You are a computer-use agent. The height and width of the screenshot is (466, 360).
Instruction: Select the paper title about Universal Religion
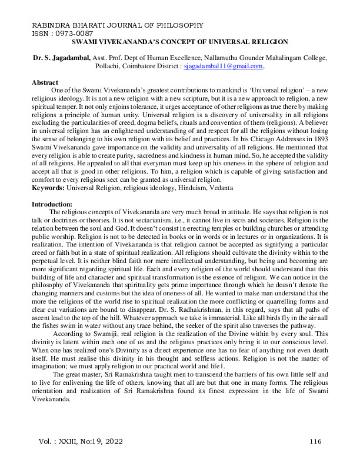click(179, 42)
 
